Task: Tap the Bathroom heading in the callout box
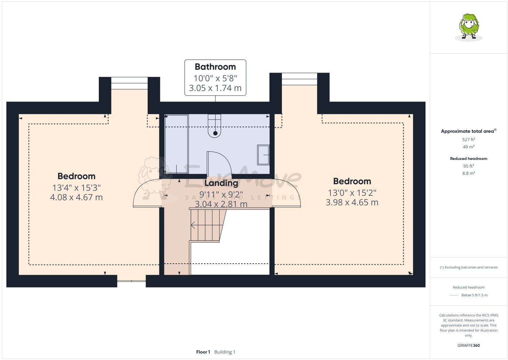tap(215, 67)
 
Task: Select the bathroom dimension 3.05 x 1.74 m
tap(215, 88)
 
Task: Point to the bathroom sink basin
tap(263, 155)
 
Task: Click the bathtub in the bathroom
tap(176, 144)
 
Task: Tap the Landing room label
tap(221, 183)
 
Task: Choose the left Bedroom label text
tap(76, 176)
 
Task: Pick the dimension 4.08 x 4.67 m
tap(76, 197)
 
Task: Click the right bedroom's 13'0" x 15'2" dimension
tap(352, 193)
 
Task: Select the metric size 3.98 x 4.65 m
tap(352, 203)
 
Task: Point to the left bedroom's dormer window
tap(129, 83)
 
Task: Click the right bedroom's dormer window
tap(299, 79)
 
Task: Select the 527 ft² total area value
tap(468, 139)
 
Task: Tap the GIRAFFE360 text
tap(468, 345)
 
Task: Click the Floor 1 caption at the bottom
tap(203, 352)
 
